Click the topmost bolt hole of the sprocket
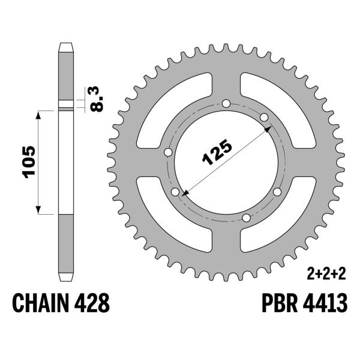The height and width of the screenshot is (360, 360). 226,103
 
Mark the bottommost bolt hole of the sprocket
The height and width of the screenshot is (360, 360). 245,217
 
